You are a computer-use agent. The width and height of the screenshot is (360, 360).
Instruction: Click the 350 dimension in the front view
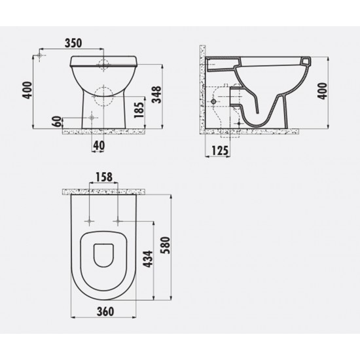pos(73,43)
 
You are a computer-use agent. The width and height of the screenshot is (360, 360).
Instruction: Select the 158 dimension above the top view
pos(103,177)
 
